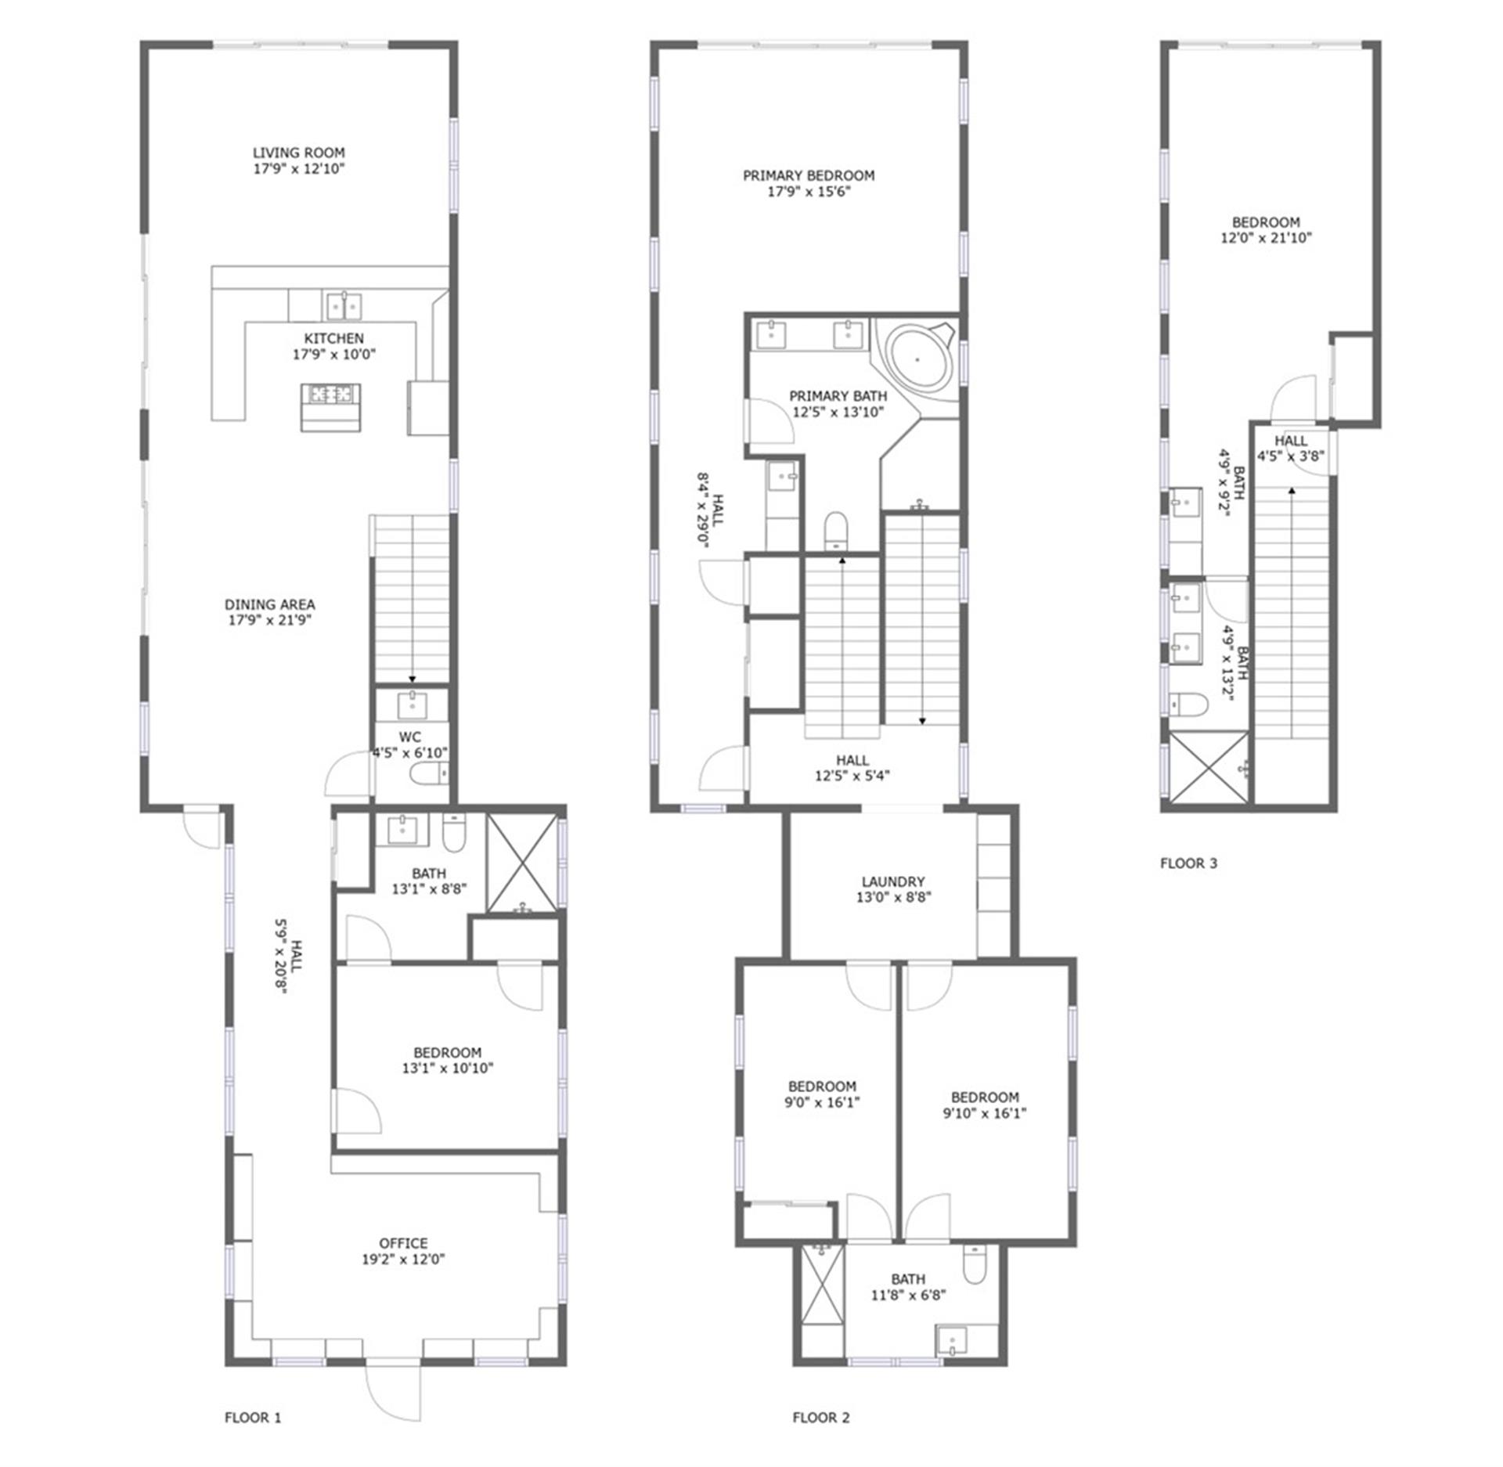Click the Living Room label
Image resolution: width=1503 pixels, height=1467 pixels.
pyautogui.click(x=298, y=153)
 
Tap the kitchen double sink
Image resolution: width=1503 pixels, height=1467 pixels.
pyautogui.click(x=344, y=305)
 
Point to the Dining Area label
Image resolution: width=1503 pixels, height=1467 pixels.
pyautogui.click(x=269, y=604)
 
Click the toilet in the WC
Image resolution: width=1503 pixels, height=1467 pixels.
pyautogui.click(x=429, y=774)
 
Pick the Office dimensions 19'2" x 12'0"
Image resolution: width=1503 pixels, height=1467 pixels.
pyautogui.click(x=403, y=1259)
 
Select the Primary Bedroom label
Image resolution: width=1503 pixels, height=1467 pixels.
pyautogui.click(x=809, y=175)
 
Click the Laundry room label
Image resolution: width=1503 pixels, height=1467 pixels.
pyautogui.click(x=893, y=881)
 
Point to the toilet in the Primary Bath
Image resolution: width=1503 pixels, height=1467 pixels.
pyautogui.click(x=836, y=530)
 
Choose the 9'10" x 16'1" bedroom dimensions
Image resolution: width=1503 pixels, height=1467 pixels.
pyautogui.click(x=985, y=1112)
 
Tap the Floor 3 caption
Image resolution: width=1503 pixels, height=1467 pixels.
pyautogui.click(x=1188, y=863)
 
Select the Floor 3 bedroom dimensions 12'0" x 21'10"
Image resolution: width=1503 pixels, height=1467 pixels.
pyautogui.click(x=1266, y=238)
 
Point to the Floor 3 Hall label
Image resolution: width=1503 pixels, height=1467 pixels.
pyautogui.click(x=1291, y=441)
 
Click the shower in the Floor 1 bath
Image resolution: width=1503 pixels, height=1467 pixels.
pyautogui.click(x=523, y=863)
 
